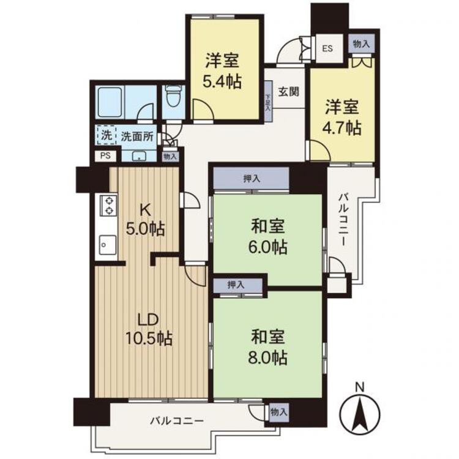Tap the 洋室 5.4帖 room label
coord(222,71)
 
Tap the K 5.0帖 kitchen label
coord(144,219)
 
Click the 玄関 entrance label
coord(289,92)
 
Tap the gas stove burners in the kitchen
coord(108,205)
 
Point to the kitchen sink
coord(106,244)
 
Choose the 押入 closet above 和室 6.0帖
coord(252,179)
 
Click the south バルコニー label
coord(177,420)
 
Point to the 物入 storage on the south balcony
coord(278,412)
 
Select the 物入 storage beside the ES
coord(361,43)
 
